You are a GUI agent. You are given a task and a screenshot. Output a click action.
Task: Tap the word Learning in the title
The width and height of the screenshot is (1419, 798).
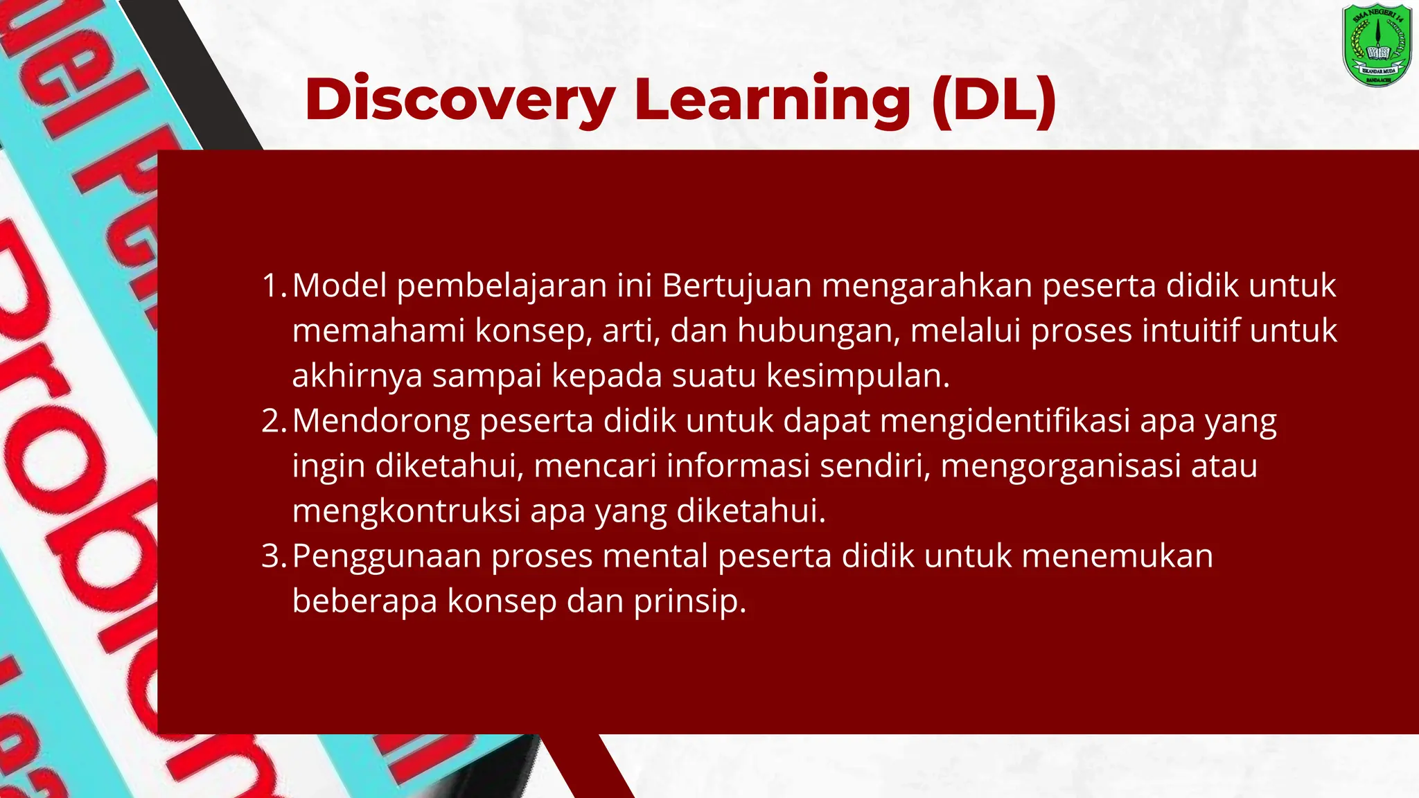click(x=772, y=100)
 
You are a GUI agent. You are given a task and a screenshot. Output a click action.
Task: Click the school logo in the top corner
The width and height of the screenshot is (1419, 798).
click(x=1377, y=45)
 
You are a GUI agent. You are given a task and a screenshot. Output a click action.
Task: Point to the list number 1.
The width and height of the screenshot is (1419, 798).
click(x=273, y=286)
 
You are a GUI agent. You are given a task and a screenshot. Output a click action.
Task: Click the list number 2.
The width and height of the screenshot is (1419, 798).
click(x=273, y=421)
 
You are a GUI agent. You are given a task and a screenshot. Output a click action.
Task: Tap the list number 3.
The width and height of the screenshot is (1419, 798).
click(x=273, y=556)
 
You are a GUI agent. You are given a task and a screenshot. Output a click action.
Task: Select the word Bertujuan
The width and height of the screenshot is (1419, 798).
click(x=737, y=286)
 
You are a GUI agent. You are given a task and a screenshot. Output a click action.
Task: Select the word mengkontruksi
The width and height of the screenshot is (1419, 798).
click(x=406, y=511)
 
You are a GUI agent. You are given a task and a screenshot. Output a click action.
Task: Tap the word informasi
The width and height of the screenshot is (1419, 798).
click(x=738, y=465)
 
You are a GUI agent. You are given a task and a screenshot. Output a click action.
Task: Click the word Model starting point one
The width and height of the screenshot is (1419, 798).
click(x=340, y=286)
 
